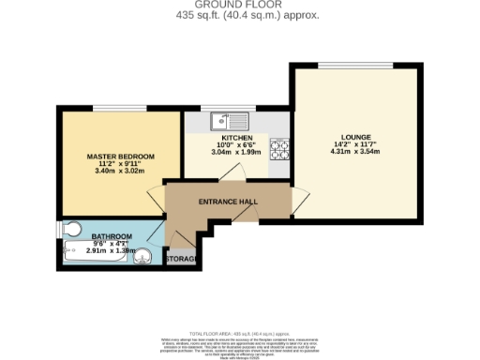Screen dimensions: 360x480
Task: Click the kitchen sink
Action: pyautogui.click(x=229, y=120)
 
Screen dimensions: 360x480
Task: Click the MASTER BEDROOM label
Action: pyautogui.click(x=120, y=155)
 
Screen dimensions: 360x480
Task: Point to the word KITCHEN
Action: pyautogui.click(x=236, y=138)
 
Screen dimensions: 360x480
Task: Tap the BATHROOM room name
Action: pyautogui.click(x=112, y=237)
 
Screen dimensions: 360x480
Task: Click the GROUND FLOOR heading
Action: pyautogui.click(x=239, y=5)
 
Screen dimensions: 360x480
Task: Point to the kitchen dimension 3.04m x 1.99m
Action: pyautogui.click(x=236, y=153)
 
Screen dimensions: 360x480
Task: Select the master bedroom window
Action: pyautogui.click(x=119, y=108)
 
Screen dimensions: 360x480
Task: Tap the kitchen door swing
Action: pyautogui.click(x=238, y=173)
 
